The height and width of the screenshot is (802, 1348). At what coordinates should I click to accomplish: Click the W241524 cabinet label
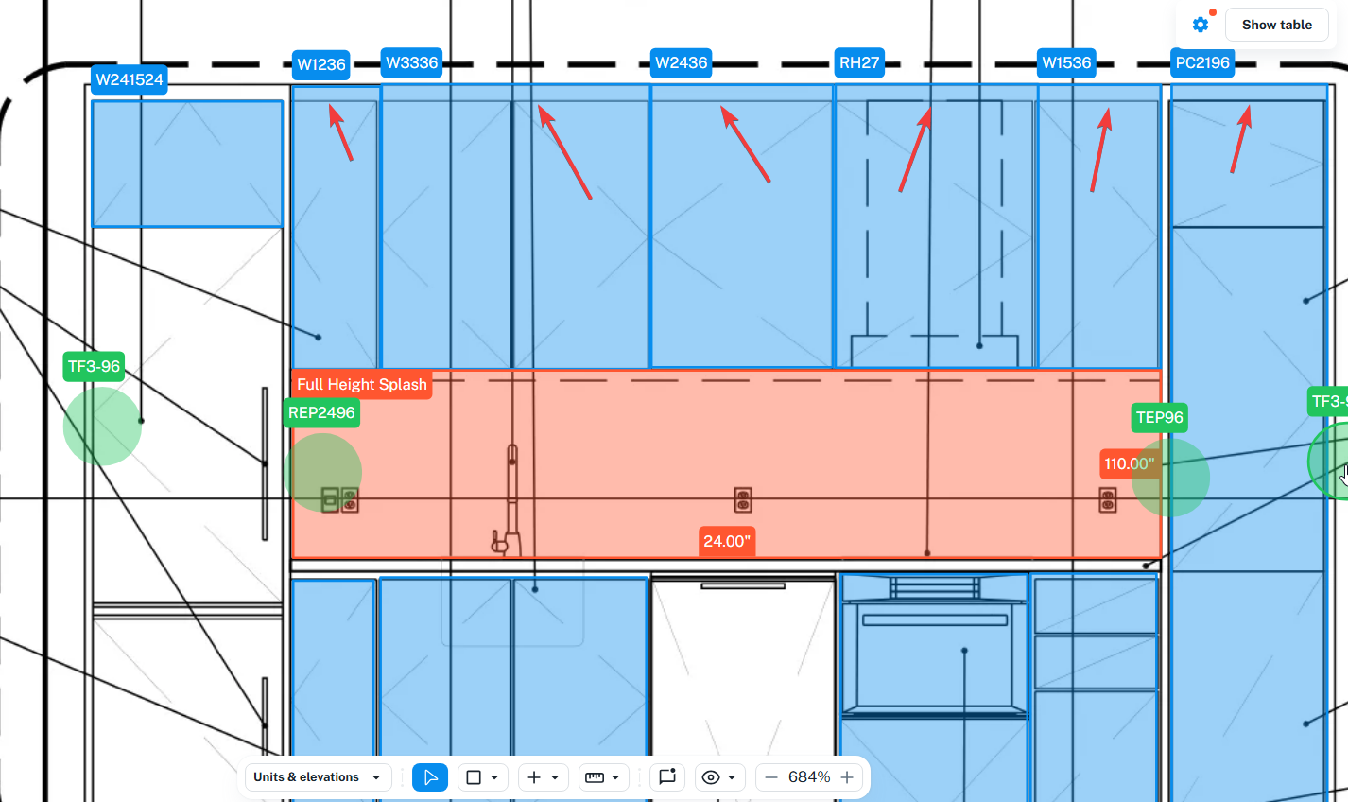(130, 79)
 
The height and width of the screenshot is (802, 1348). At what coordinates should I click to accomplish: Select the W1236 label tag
(321, 64)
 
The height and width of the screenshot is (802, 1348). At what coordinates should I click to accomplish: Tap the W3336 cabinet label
(411, 62)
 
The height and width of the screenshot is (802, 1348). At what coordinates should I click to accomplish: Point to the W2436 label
(681, 62)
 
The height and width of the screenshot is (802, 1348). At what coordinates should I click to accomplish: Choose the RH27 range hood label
(859, 62)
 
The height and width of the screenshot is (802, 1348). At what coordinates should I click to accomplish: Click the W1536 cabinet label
(1066, 62)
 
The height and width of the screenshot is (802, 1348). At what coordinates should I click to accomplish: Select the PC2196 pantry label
(1202, 62)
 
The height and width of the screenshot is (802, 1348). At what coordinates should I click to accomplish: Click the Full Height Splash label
(361, 384)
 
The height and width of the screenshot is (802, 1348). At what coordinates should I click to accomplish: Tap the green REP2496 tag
(321, 412)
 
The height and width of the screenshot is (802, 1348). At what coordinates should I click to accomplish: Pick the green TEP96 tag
(1160, 417)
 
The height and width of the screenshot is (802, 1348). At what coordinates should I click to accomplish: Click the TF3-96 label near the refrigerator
(94, 366)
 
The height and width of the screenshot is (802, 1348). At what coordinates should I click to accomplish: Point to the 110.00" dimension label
(1129, 463)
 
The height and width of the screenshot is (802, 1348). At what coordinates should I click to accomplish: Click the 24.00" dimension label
(726, 541)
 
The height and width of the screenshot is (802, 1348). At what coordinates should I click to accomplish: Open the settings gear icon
(1201, 25)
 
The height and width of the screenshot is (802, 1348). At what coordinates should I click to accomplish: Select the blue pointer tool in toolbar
(430, 777)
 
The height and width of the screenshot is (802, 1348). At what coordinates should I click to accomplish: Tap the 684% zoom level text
(809, 777)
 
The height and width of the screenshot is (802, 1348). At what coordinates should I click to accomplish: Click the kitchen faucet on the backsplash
(510, 501)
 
